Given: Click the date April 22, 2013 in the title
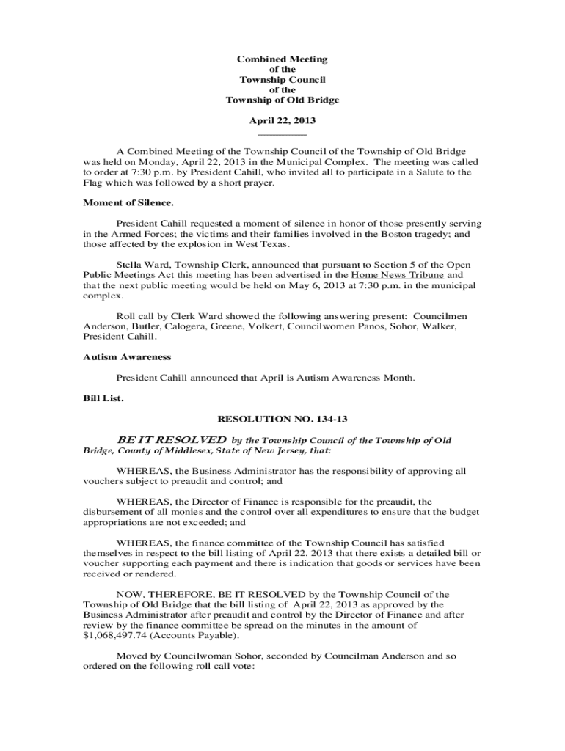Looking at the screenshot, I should pos(282,120).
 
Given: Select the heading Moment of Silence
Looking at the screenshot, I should pos(128,202).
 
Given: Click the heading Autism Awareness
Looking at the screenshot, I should pos(127,357).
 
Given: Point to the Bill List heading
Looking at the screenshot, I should pos(103,398).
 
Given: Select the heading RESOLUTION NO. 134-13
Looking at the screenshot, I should pos(282,419).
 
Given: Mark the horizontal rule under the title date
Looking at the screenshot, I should pos(282,134).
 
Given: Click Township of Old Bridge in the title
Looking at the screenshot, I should pos(282,100).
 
